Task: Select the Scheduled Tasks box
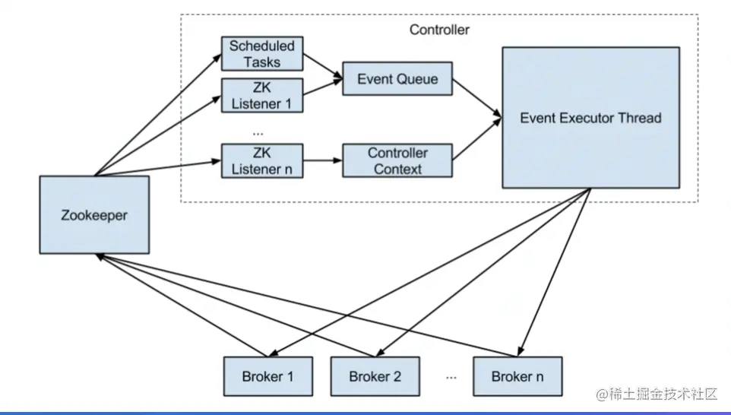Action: tap(261, 53)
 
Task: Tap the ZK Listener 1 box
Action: tap(261, 95)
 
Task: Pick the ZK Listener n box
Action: tap(261, 160)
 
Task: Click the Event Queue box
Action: tap(397, 78)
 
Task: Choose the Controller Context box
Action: tap(397, 160)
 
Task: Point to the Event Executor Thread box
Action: tap(590, 118)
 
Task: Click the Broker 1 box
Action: tap(267, 375)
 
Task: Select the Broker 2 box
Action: tap(375, 375)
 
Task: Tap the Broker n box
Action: tap(517, 375)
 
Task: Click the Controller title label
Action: tap(439, 30)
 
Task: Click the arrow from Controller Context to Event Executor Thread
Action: tap(477, 139)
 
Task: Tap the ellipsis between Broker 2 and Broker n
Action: tap(451, 375)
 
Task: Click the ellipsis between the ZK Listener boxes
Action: tap(258, 131)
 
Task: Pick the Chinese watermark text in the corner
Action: tap(657, 394)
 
